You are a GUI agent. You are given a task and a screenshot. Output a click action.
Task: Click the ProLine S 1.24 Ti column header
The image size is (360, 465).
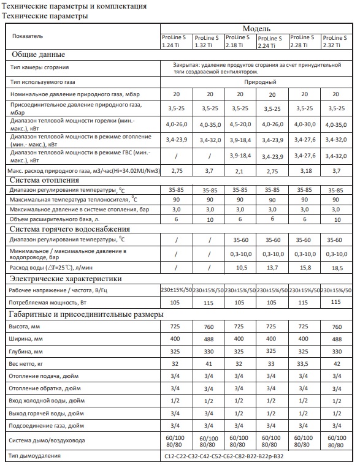[x=175, y=41]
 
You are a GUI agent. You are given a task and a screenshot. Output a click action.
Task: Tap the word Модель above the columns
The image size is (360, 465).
[x=256, y=29]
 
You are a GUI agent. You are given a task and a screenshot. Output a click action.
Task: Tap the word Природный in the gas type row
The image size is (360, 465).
[x=256, y=81]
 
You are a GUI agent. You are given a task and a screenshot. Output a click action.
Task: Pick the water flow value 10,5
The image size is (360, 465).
[x=240, y=268]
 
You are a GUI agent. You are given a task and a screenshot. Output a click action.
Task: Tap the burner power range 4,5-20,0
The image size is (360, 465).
[x=240, y=123]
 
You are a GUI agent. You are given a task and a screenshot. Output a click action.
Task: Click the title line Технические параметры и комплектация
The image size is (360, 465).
[x=75, y=6]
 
